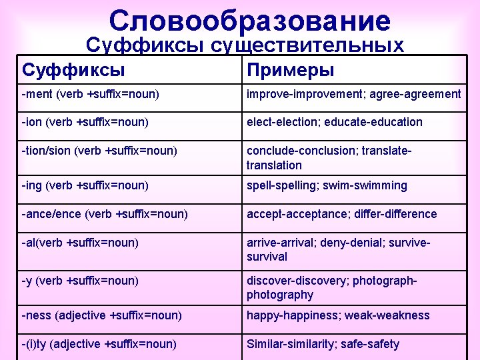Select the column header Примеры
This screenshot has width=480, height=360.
[291, 70]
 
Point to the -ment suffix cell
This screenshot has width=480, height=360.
[91, 94]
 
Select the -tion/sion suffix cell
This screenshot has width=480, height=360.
[99, 151]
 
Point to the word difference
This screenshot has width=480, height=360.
[407, 214]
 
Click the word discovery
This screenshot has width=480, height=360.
[323, 281]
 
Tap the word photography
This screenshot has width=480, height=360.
[280, 295]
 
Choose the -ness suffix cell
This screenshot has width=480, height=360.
[101, 315]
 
